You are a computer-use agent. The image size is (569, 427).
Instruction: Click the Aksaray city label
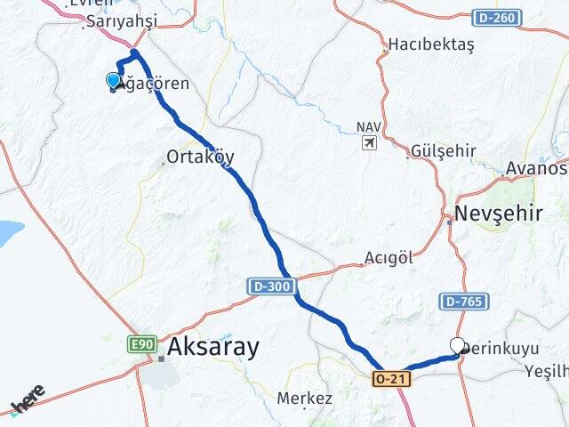pyautogui.click(x=213, y=347)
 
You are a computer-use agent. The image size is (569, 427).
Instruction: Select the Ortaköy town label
pyautogui.click(x=200, y=157)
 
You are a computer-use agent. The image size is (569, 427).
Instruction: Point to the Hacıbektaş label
pyautogui.click(x=431, y=44)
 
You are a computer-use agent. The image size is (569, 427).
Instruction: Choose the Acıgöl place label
pyautogui.click(x=389, y=258)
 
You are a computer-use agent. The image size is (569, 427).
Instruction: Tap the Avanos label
pyautogui.click(x=536, y=168)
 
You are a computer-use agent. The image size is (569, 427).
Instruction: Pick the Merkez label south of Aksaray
pyautogui.click(x=305, y=398)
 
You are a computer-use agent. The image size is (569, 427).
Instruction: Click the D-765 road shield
pyautogui.click(x=461, y=302)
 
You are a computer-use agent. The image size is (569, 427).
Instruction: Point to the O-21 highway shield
pyautogui.click(x=391, y=379)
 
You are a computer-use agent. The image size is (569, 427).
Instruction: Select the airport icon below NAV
pyautogui.click(x=369, y=142)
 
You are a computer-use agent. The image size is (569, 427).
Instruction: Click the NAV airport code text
pyautogui.click(x=367, y=127)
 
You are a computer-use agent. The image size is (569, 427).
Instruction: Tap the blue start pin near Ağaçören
pyautogui.click(x=114, y=81)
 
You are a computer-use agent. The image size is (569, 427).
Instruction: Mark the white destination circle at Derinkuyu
pyautogui.click(x=458, y=345)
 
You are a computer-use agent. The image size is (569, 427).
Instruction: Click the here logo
pyautogui.click(x=28, y=399)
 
